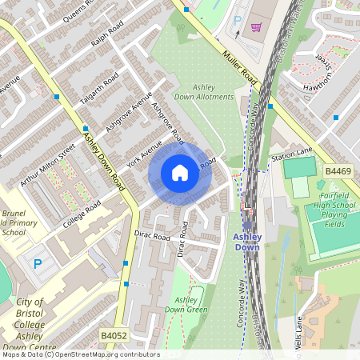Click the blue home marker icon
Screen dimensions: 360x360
coord(180,173)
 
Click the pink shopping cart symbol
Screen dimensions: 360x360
coord(256,27)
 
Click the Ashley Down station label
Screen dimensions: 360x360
coord(247,242)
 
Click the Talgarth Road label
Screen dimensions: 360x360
coord(100,89)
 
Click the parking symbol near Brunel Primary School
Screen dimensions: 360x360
coord(37,262)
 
